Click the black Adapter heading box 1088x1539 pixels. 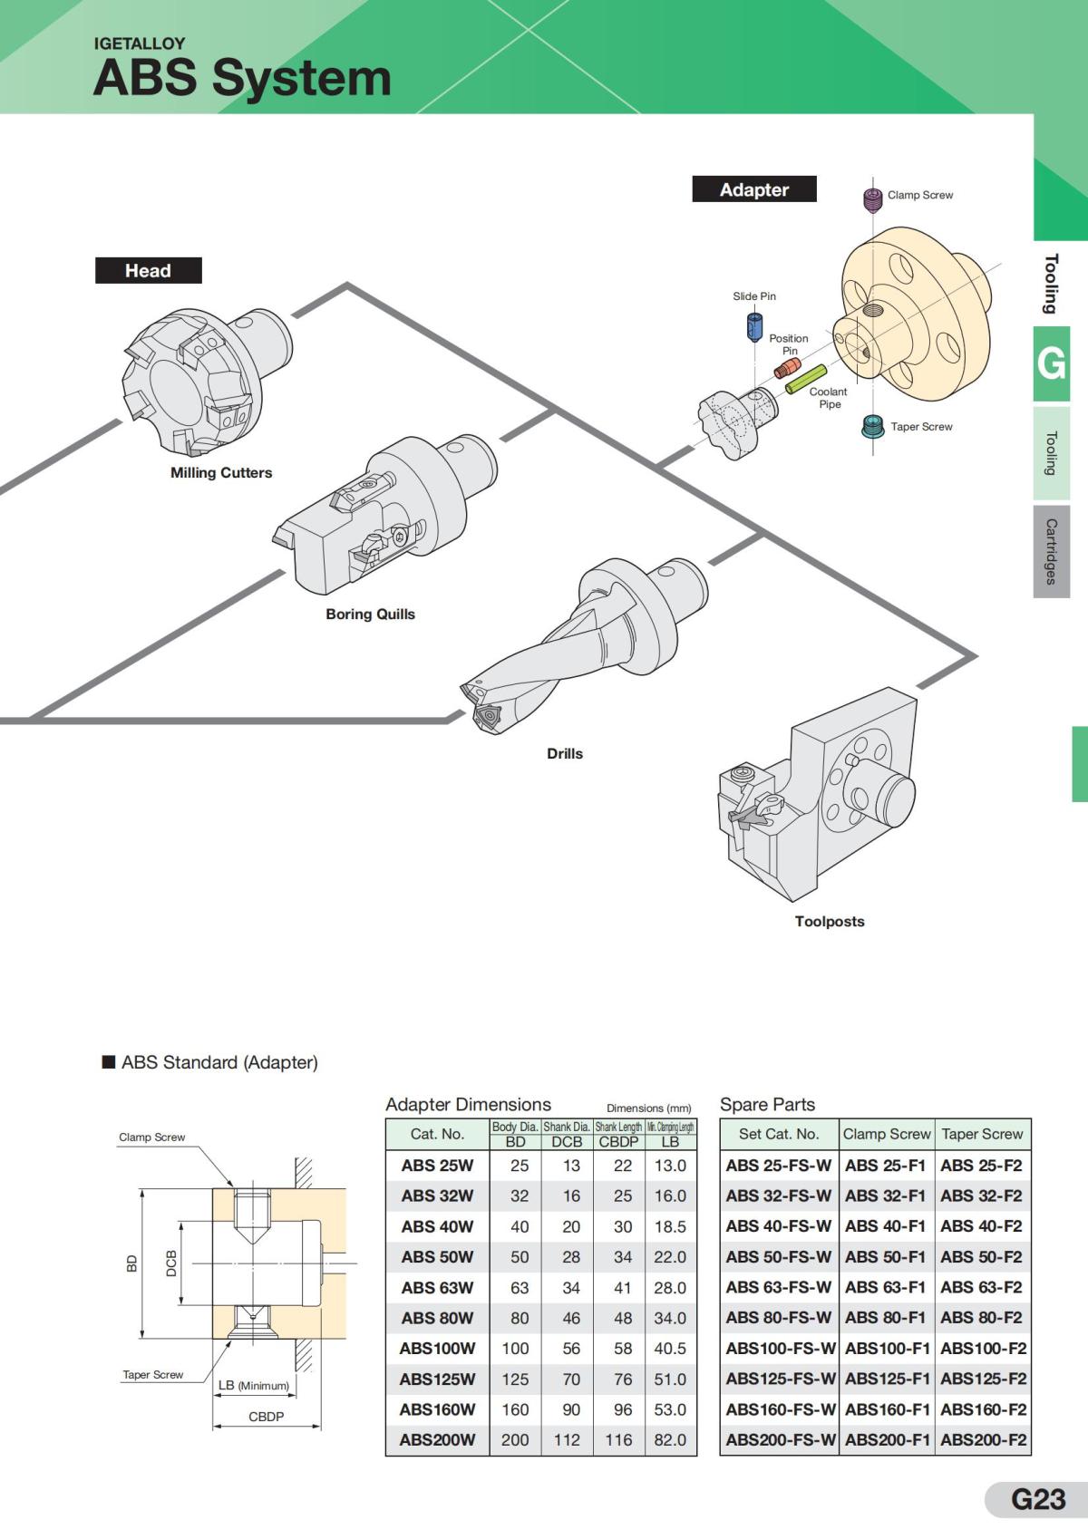point(754,189)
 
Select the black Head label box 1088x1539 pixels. point(148,270)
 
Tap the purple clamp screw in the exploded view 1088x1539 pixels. point(872,199)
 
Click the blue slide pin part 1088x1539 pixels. point(754,325)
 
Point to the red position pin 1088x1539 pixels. point(788,367)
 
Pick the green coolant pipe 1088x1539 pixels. point(806,379)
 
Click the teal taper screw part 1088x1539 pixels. point(872,427)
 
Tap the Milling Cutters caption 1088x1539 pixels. point(221,472)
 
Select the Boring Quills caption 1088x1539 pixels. point(370,614)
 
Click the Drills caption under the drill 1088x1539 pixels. point(564,753)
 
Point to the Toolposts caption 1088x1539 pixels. point(829,921)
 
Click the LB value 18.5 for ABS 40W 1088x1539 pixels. point(670,1226)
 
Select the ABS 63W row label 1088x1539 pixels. point(437,1287)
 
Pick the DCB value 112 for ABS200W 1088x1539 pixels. point(567,1439)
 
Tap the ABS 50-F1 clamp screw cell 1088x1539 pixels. point(885,1256)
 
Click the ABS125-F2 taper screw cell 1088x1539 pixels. point(983,1379)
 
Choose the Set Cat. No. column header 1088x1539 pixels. point(778,1134)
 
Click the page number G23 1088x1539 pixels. point(1037,1499)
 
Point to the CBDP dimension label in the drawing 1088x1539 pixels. point(266,1416)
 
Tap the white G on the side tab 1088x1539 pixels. point(1051,363)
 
